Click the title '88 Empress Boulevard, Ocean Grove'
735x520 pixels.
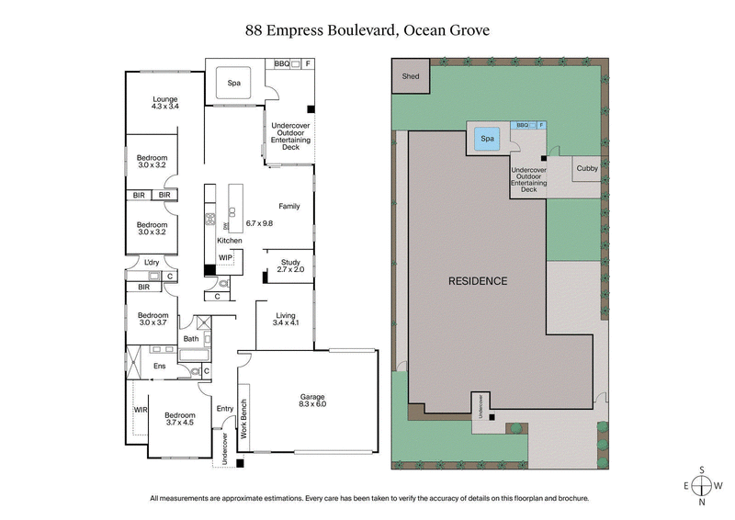pyautogui.click(x=367, y=30)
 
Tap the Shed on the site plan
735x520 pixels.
pyautogui.click(x=410, y=76)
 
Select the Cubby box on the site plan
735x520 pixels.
pyautogui.click(x=587, y=169)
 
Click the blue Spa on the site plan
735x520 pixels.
pyautogui.click(x=487, y=140)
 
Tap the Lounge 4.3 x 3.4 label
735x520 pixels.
pyautogui.click(x=165, y=103)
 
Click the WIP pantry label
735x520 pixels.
pyautogui.click(x=225, y=257)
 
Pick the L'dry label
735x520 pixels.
pyautogui.click(x=153, y=265)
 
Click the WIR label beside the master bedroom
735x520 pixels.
pyautogui.click(x=140, y=410)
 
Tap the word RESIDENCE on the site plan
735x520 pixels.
pyautogui.click(x=477, y=280)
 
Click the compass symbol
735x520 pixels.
pyautogui.click(x=702, y=485)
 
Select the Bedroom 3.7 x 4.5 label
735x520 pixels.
pyautogui.click(x=178, y=418)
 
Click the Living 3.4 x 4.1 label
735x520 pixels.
pyautogui.click(x=287, y=319)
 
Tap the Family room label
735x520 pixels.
pyautogui.click(x=288, y=206)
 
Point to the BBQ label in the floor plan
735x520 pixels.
pyautogui.click(x=283, y=64)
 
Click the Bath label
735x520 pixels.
pyautogui.click(x=191, y=339)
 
